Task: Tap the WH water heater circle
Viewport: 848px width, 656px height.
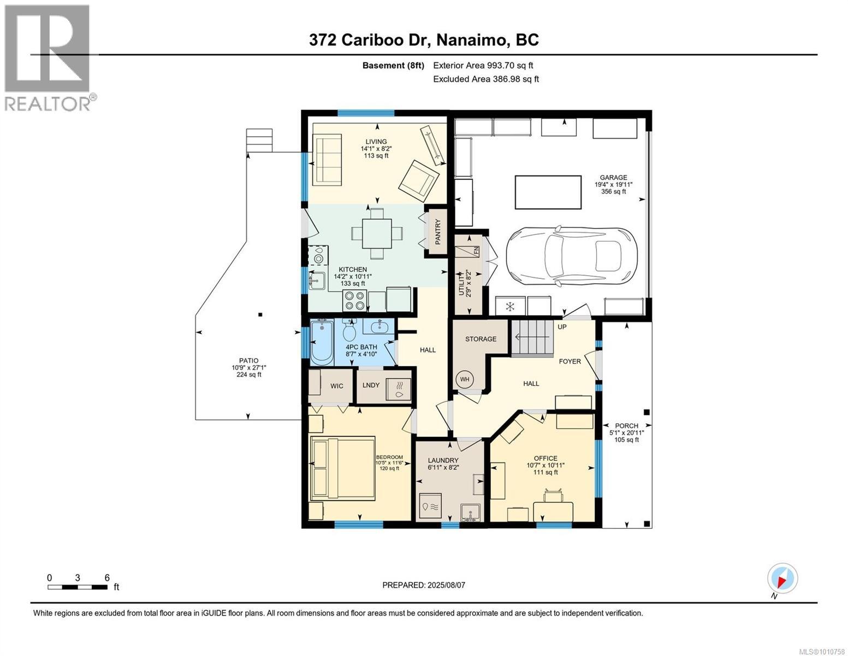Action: point(464,379)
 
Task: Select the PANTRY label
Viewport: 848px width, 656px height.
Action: point(437,232)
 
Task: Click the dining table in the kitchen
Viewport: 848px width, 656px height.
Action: point(377,233)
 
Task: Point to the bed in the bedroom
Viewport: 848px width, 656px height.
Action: point(342,468)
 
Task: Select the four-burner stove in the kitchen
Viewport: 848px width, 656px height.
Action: point(354,301)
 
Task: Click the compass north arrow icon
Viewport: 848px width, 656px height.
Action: point(782,578)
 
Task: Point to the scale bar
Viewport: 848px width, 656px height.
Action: point(78,587)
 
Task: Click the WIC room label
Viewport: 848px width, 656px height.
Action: point(336,386)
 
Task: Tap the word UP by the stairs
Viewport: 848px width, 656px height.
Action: point(562,326)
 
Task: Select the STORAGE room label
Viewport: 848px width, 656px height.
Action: point(481,339)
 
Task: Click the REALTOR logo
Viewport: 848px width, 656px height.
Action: point(49,58)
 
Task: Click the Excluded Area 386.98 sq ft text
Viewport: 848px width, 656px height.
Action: point(486,79)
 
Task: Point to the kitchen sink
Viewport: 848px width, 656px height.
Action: point(317,281)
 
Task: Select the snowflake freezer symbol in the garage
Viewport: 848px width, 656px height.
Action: point(510,306)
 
